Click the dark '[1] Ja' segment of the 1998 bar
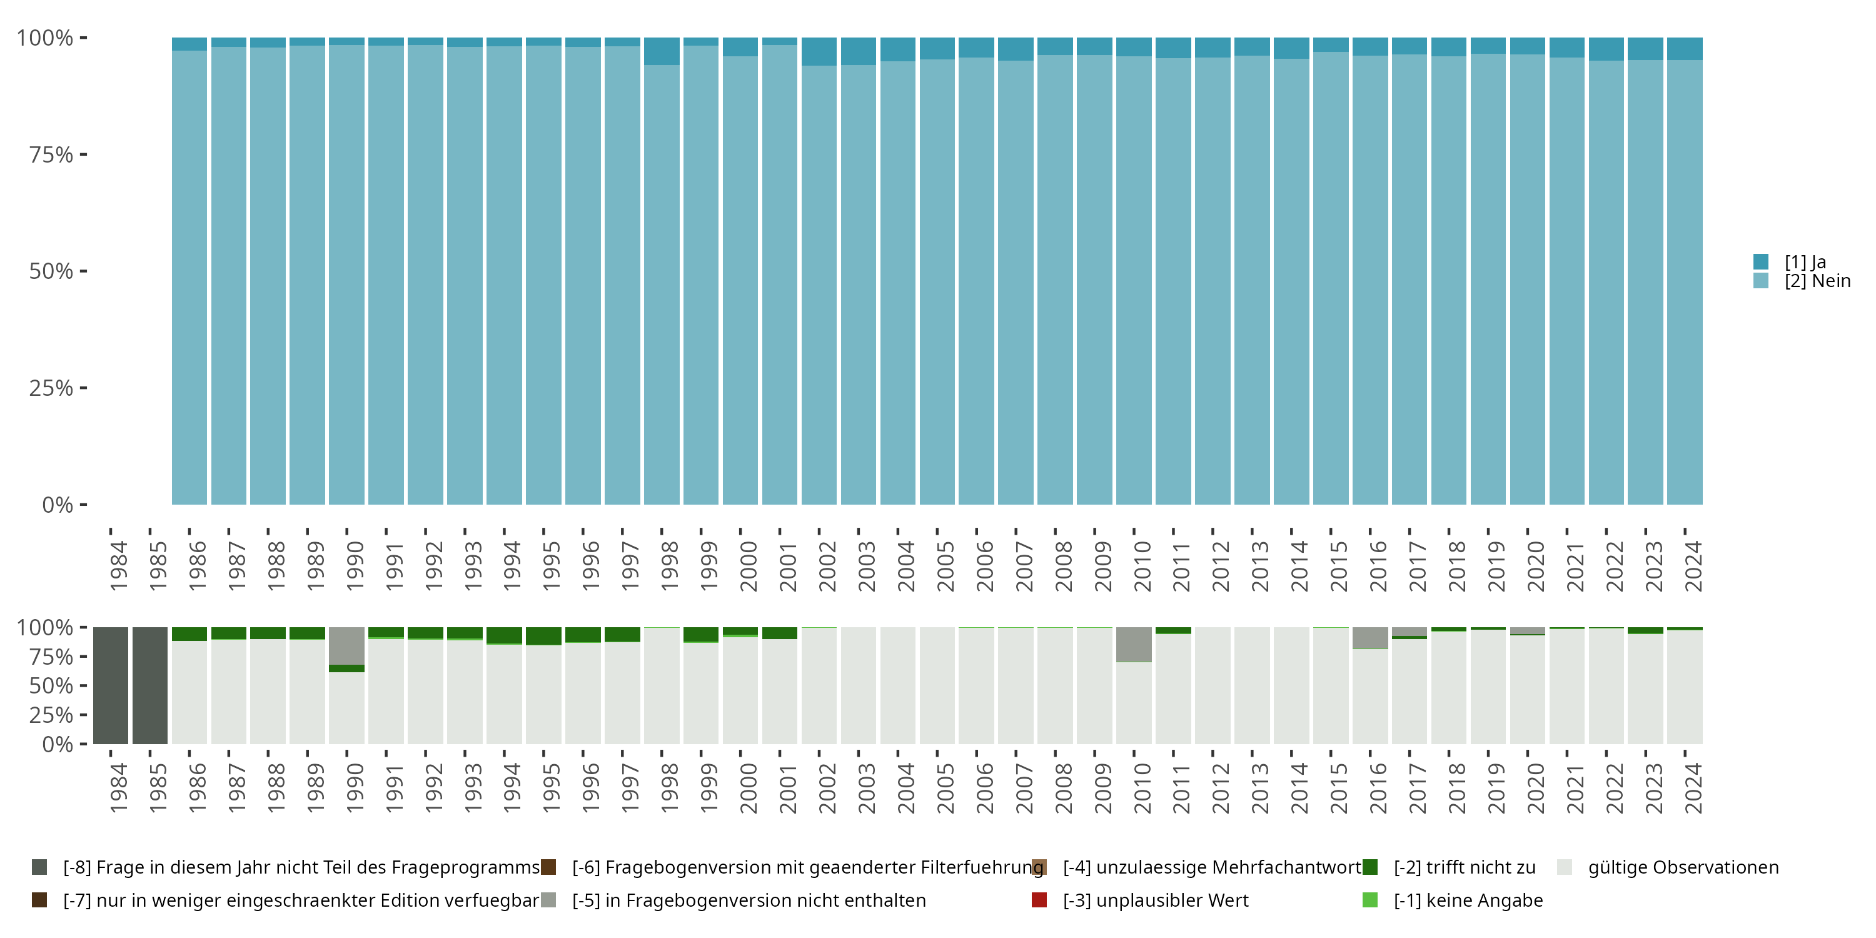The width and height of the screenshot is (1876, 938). point(661,51)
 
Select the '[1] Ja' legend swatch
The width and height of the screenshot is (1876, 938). point(1761,261)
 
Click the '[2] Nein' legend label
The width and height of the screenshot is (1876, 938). point(1817,281)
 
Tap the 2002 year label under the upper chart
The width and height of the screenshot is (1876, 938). point(827,566)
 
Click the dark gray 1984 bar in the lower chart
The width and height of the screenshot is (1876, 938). point(111,685)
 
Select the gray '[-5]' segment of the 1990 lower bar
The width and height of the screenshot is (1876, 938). point(346,646)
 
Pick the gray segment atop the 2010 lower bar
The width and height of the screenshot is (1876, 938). point(1134,644)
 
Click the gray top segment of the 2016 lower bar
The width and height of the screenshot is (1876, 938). point(1370,637)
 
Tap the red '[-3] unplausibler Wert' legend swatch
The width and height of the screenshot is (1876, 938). point(1039,900)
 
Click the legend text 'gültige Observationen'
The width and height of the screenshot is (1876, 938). point(1683,867)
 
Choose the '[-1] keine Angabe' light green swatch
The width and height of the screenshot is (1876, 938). point(1370,900)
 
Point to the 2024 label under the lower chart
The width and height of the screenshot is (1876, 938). point(1693,788)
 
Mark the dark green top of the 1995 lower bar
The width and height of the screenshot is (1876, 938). point(543,636)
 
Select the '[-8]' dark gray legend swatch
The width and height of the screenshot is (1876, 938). point(39,867)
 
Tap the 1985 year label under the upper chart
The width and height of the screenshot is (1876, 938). point(158,566)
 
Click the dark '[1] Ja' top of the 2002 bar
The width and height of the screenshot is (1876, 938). point(819,52)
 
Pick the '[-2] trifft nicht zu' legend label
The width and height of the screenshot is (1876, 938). point(1464,867)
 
